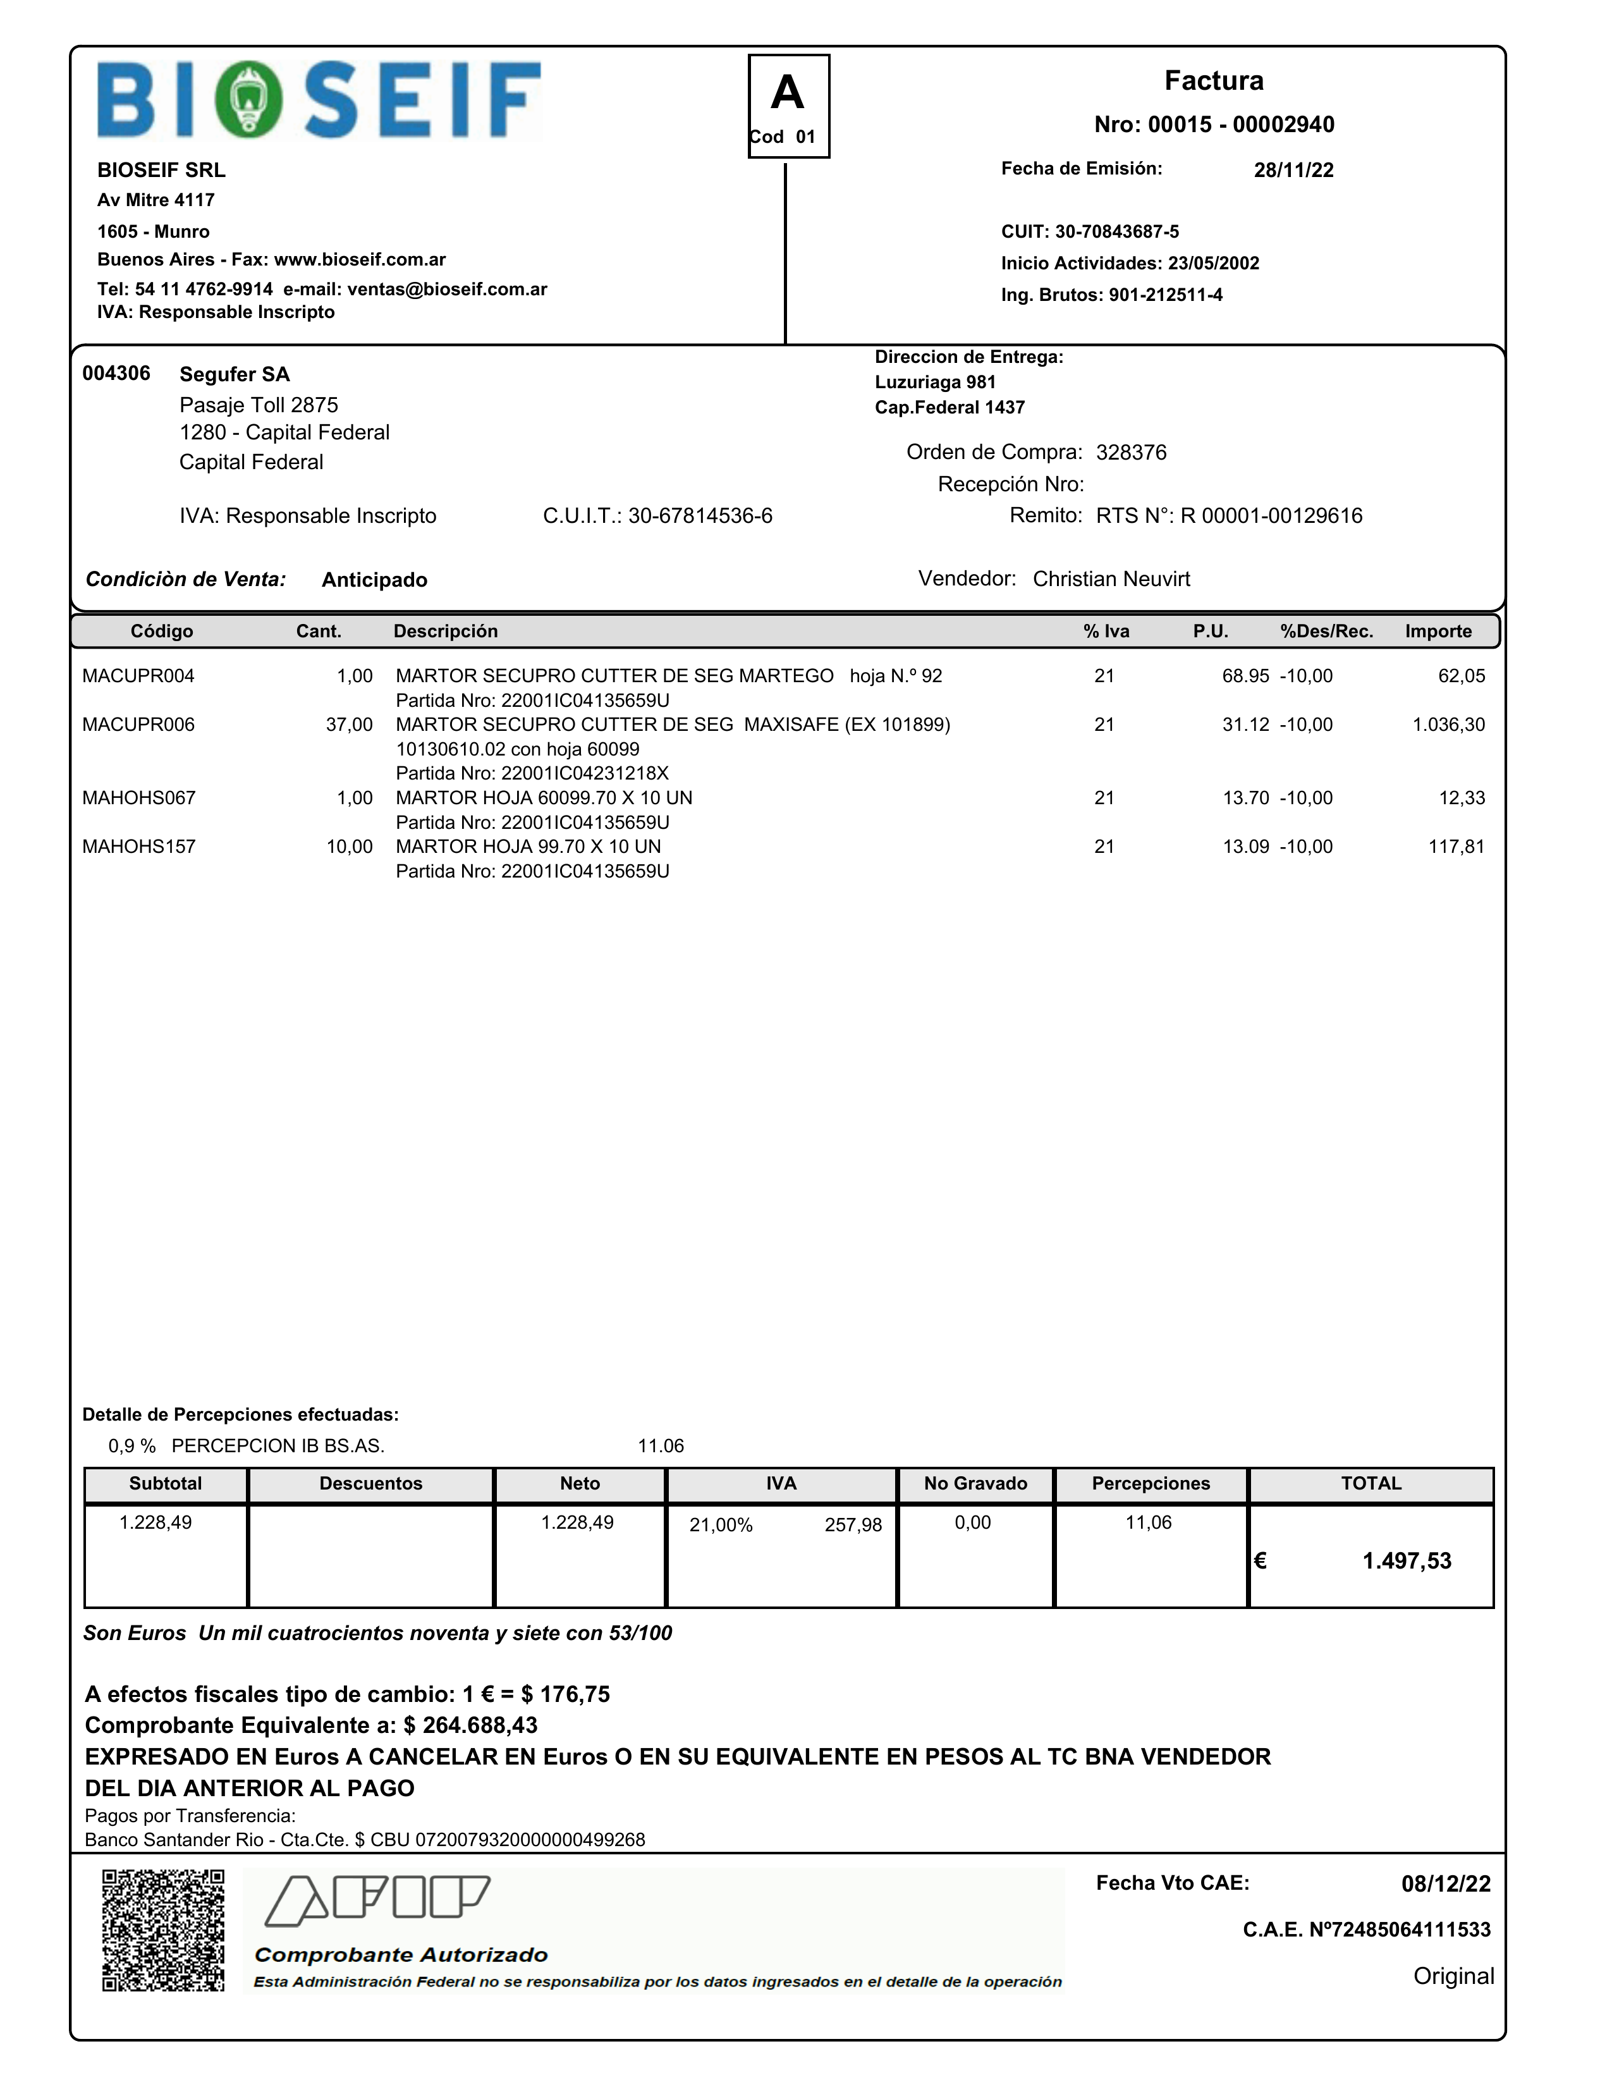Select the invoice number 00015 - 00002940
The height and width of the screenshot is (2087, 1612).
[x=1240, y=124]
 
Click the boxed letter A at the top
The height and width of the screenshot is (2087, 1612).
[x=788, y=94]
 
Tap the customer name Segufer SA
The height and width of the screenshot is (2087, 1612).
[x=234, y=374]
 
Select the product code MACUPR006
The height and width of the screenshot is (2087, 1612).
[x=138, y=725]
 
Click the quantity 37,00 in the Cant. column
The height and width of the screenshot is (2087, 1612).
[x=349, y=725]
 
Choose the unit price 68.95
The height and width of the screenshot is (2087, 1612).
[x=1245, y=676]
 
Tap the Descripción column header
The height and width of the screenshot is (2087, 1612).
[x=445, y=632]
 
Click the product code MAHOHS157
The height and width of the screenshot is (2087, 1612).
[x=138, y=847]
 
